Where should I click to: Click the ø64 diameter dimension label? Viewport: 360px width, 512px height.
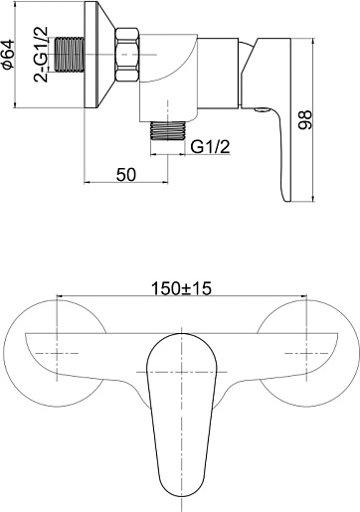pos(8,54)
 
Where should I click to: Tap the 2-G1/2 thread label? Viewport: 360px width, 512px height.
pos(42,55)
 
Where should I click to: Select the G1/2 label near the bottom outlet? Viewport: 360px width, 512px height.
pos(211,146)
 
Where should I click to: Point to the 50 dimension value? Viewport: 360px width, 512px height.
pos(126,175)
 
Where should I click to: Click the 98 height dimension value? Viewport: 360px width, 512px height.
pos(305,120)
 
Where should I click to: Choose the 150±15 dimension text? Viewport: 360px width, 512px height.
pos(181,288)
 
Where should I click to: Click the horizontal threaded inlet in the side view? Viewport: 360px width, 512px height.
pos(70,55)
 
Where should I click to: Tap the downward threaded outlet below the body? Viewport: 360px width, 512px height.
pos(168,130)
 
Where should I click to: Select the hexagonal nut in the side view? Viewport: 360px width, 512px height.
pos(127,55)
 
